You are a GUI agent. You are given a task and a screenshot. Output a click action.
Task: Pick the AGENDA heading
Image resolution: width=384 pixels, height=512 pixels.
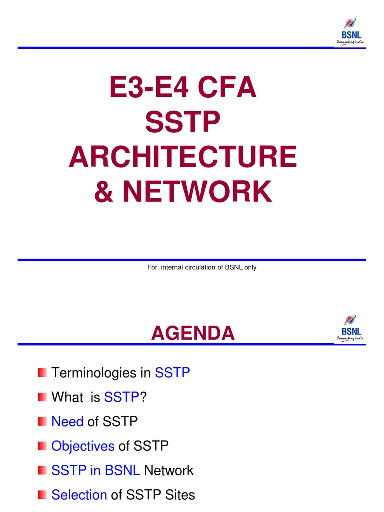pyautogui.click(x=193, y=333)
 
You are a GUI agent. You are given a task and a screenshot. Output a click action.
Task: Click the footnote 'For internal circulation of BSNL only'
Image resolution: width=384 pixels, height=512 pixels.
pyautogui.click(x=202, y=267)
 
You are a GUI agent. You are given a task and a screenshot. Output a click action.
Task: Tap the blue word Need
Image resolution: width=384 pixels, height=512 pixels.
pyautogui.click(x=67, y=422)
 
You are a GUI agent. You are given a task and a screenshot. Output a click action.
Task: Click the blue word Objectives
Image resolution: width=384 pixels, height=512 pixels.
pyautogui.click(x=83, y=446)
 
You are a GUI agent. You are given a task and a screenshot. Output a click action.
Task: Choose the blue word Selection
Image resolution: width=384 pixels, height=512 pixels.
pyautogui.click(x=79, y=495)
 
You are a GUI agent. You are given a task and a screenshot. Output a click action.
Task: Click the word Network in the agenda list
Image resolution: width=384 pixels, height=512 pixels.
pyautogui.click(x=168, y=470)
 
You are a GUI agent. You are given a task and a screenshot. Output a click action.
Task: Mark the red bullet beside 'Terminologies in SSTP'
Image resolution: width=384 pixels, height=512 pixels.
pyautogui.click(x=42, y=373)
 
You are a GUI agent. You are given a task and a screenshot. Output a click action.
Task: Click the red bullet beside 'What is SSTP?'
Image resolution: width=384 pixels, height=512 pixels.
pyautogui.click(x=42, y=397)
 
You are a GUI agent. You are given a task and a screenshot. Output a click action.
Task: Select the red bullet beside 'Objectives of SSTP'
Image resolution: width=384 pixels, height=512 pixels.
pyautogui.click(x=42, y=446)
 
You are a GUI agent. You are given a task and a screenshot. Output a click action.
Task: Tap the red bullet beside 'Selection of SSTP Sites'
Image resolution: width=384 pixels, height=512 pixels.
pyautogui.click(x=42, y=495)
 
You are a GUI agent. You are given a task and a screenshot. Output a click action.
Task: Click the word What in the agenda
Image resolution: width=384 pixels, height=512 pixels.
pyautogui.click(x=67, y=397)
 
